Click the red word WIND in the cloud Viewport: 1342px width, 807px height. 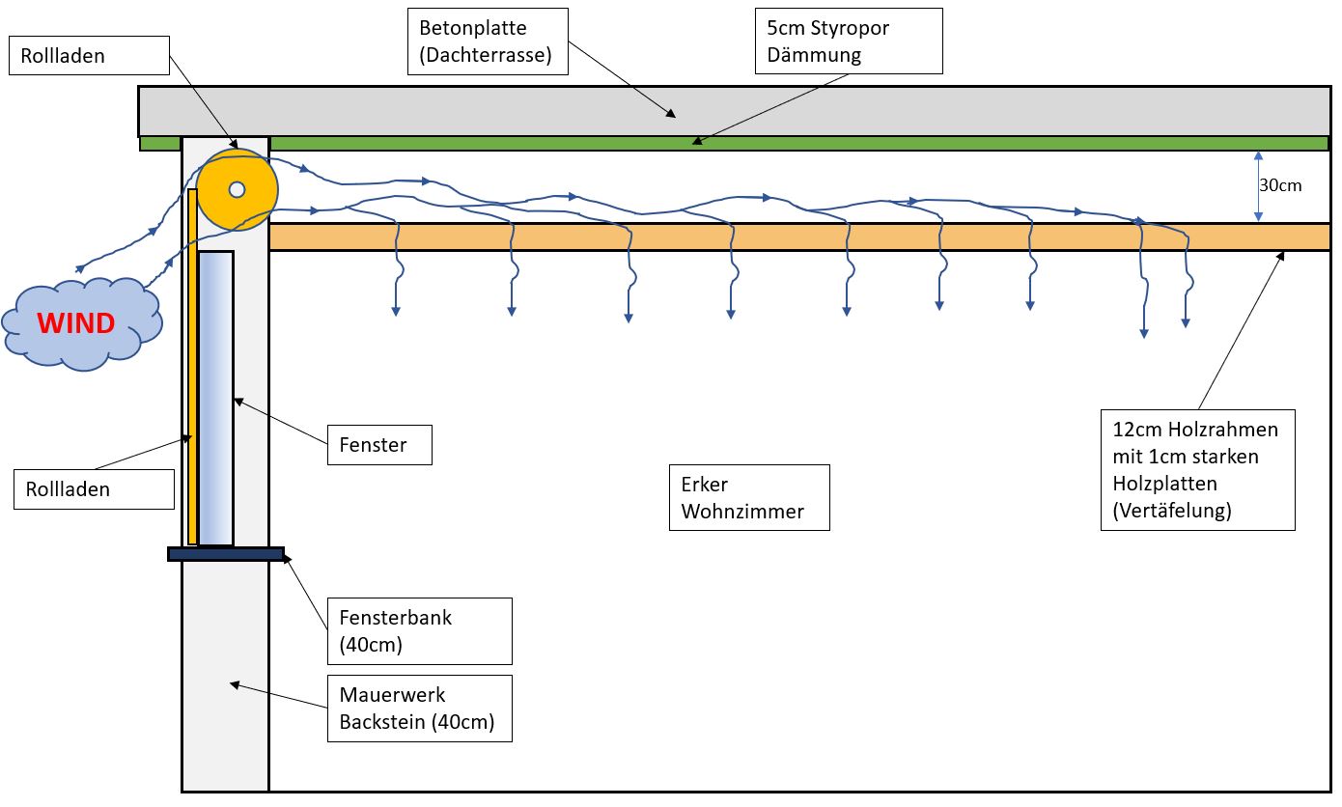coord(76,322)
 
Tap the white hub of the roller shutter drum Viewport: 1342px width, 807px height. coord(238,189)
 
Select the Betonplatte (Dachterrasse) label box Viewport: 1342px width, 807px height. coord(487,42)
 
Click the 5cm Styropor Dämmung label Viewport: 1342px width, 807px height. coord(848,42)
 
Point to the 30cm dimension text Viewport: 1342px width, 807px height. coord(1280,185)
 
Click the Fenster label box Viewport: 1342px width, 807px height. coord(378,445)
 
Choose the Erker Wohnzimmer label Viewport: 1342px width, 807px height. coord(749,497)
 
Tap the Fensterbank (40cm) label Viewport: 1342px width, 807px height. coord(419,630)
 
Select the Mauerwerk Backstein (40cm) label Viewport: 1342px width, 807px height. coord(419,708)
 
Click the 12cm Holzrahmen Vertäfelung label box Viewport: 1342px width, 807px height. coord(1197,470)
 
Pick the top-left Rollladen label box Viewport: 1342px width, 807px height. coord(89,56)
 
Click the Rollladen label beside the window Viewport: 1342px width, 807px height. coord(94,488)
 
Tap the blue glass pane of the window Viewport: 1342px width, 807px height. coord(216,398)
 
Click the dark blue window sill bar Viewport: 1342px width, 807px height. coord(226,554)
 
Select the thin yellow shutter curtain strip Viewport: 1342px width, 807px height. coord(193,367)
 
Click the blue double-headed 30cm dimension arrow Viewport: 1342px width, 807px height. coord(1258,186)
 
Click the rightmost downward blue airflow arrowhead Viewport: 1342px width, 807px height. coord(1186,322)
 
